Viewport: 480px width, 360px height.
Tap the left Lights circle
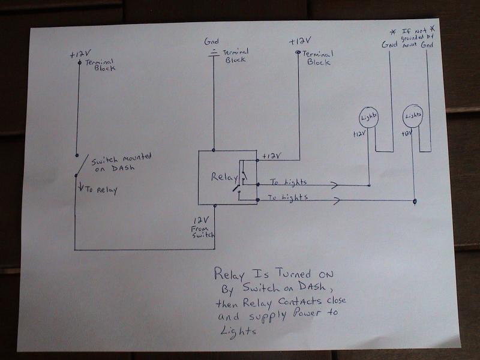(x=368, y=116)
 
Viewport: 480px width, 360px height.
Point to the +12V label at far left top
(x=78, y=55)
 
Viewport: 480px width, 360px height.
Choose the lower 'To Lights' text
(x=287, y=197)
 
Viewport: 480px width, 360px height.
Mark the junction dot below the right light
(x=415, y=202)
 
